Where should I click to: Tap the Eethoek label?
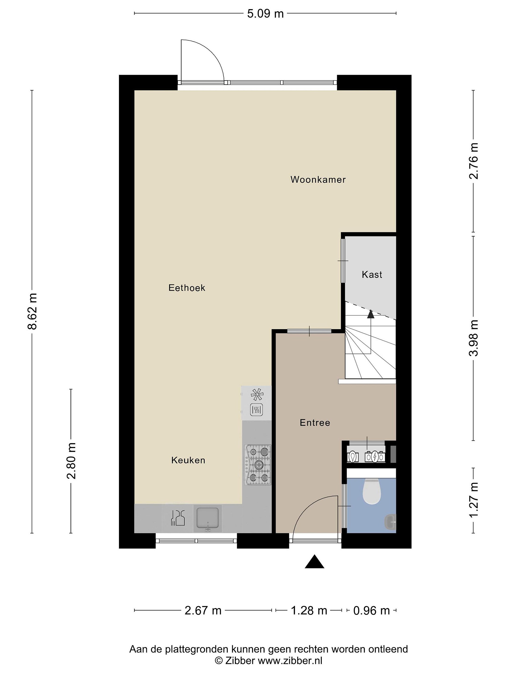[187, 288]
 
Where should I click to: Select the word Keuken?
[188, 460]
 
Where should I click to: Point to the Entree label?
[315, 422]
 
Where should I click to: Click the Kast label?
[372, 275]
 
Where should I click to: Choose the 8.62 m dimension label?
[32, 311]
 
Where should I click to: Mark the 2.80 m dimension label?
[71, 461]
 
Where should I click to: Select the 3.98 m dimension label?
[474, 338]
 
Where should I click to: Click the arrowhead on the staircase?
[371, 314]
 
